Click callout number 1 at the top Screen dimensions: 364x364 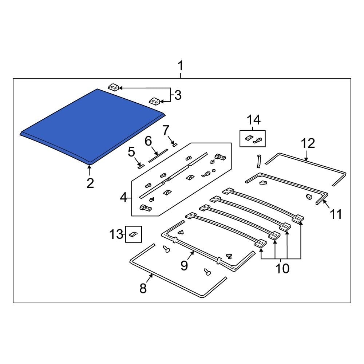tap(181, 67)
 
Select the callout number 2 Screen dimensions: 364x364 tap(90, 183)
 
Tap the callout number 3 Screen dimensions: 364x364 tap(177, 95)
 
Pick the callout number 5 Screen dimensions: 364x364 tap(131, 152)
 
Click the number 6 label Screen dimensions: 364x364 tap(148, 141)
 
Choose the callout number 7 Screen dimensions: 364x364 tap(166, 130)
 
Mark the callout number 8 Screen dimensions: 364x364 tap(143, 288)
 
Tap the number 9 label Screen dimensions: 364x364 tap(184, 266)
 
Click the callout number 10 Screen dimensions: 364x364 tap(282, 268)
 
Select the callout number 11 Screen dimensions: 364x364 tap(335, 214)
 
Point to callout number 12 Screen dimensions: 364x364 tap(308, 143)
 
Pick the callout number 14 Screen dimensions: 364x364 tap(254, 119)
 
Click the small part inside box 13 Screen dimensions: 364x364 tap(134, 234)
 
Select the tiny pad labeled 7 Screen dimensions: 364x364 tap(174, 145)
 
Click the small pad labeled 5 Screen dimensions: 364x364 tap(141, 166)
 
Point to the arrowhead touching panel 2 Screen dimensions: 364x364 tap(89, 167)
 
